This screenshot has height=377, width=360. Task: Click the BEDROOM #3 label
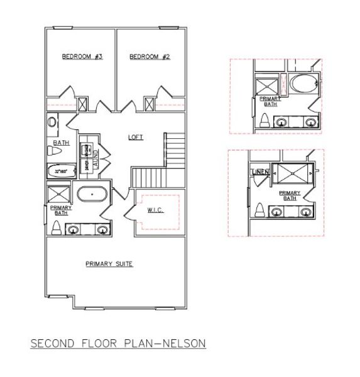(x=82, y=57)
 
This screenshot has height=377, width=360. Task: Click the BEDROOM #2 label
(x=150, y=57)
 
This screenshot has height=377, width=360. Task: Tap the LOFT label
(x=135, y=136)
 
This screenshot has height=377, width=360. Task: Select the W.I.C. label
(x=156, y=210)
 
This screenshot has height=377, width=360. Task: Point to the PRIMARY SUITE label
(x=109, y=264)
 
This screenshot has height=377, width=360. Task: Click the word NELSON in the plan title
(x=183, y=344)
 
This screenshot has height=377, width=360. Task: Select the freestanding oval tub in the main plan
(x=93, y=195)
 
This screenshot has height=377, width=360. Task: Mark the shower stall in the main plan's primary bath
(x=60, y=194)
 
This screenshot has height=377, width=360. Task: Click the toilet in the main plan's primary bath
(x=56, y=227)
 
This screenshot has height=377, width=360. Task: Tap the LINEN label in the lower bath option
(x=259, y=172)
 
